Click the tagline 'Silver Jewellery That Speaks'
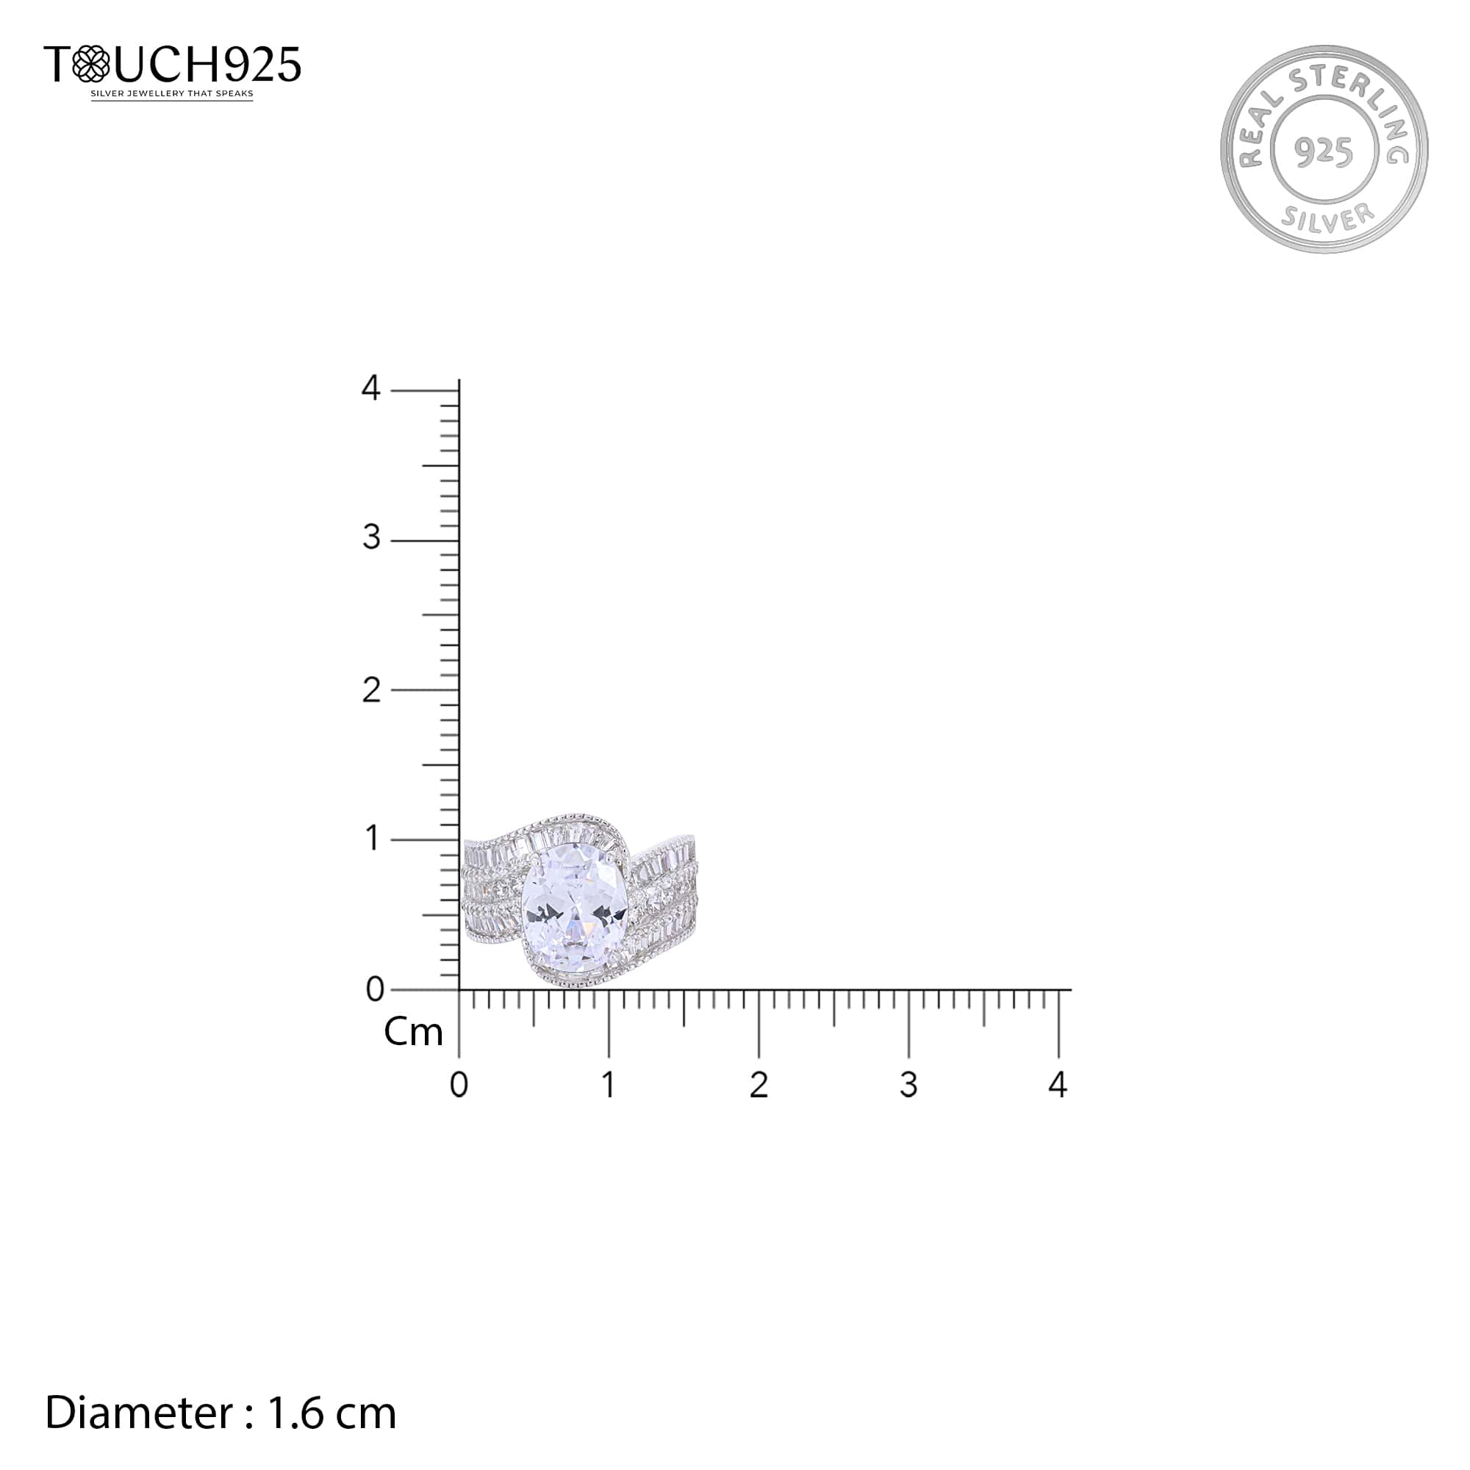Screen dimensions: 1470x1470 172,94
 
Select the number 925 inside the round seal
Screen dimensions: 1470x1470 1324,151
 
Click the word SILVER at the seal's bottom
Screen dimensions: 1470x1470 1327,217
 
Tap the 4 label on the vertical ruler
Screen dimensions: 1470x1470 370,388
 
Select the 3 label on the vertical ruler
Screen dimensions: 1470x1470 371,538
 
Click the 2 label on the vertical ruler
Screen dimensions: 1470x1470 371,690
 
